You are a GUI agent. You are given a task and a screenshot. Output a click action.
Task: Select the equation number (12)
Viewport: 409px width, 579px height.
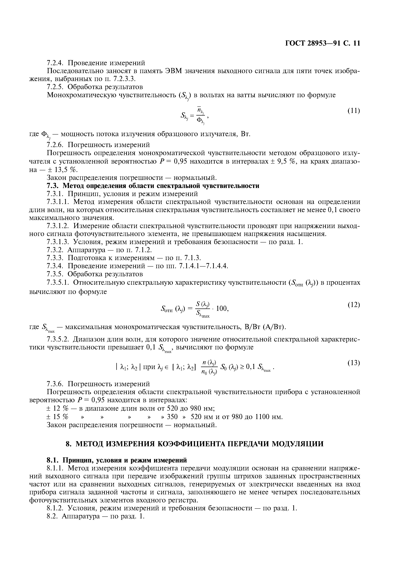pyautogui.click(x=354, y=305)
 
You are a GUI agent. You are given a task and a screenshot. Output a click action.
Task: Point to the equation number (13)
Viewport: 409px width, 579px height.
pyautogui.click(x=354, y=363)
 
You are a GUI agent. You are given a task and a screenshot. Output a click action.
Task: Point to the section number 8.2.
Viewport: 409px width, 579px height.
pyautogui.click(x=53, y=517)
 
